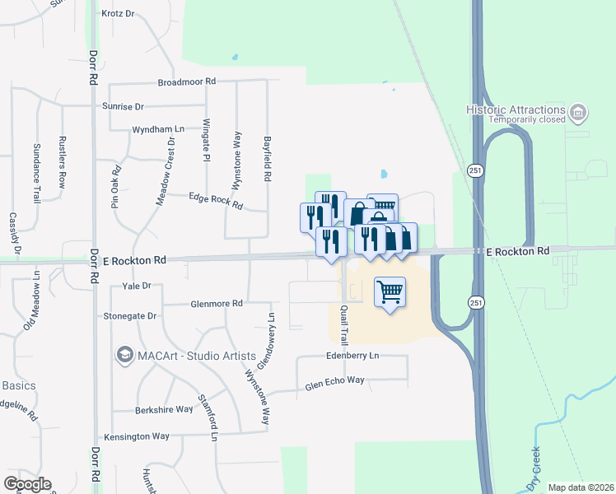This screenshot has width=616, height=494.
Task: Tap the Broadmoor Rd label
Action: [187, 82]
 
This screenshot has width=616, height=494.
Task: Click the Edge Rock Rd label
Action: [216, 200]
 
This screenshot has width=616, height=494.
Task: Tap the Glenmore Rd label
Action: [215, 303]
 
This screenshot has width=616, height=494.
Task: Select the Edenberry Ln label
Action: [352, 356]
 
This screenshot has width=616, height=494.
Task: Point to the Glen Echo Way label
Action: [334, 383]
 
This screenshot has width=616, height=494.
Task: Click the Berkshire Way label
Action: [163, 409]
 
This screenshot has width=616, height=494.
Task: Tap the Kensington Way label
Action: [136, 436]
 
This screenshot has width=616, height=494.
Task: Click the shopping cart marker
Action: [390, 291]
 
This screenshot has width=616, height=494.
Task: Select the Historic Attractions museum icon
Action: [578, 111]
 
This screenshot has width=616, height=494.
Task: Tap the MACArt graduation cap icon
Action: [125, 355]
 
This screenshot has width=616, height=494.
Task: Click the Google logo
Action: [27, 484]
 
